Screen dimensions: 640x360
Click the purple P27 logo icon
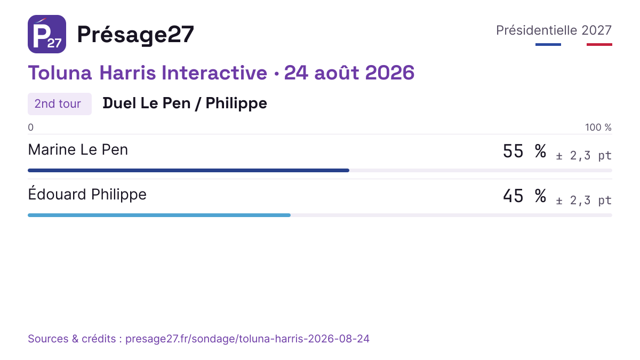coord(47,34)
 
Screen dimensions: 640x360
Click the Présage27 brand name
coord(135,35)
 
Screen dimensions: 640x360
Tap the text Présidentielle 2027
coord(554,30)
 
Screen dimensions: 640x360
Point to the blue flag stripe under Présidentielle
coord(548,45)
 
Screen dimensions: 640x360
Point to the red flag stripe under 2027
coord(599,45)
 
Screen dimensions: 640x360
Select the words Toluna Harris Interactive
coord(147,73)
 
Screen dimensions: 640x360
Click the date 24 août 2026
coord(349,73)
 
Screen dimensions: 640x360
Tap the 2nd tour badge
coord(60,103)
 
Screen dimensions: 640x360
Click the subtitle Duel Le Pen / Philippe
coord(185,103)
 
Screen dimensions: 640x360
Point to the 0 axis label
coord(30,127)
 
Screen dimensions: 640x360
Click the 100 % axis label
coord(598,127)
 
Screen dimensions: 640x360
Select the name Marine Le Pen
coord(78,149)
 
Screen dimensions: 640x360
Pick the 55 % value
coord(525,151)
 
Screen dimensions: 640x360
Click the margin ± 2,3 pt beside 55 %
coord(583,155)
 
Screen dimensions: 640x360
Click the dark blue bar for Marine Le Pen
coord(189,171)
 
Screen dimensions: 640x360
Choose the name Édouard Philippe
coord(87,194)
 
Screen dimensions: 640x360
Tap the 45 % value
coord(525,196)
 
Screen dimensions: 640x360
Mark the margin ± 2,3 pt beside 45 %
coord(583,201)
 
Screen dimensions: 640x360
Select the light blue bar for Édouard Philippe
coord(159,215)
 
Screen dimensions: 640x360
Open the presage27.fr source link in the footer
coord(247,339)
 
